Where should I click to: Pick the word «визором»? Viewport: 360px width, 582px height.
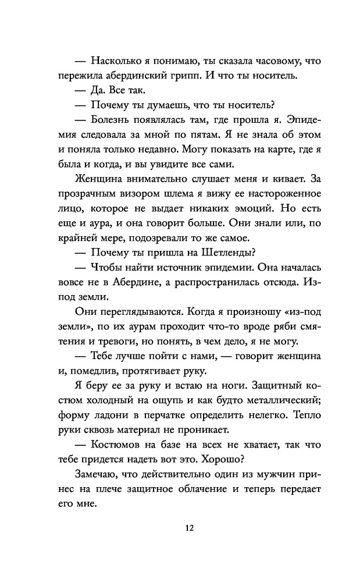[140, 193]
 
